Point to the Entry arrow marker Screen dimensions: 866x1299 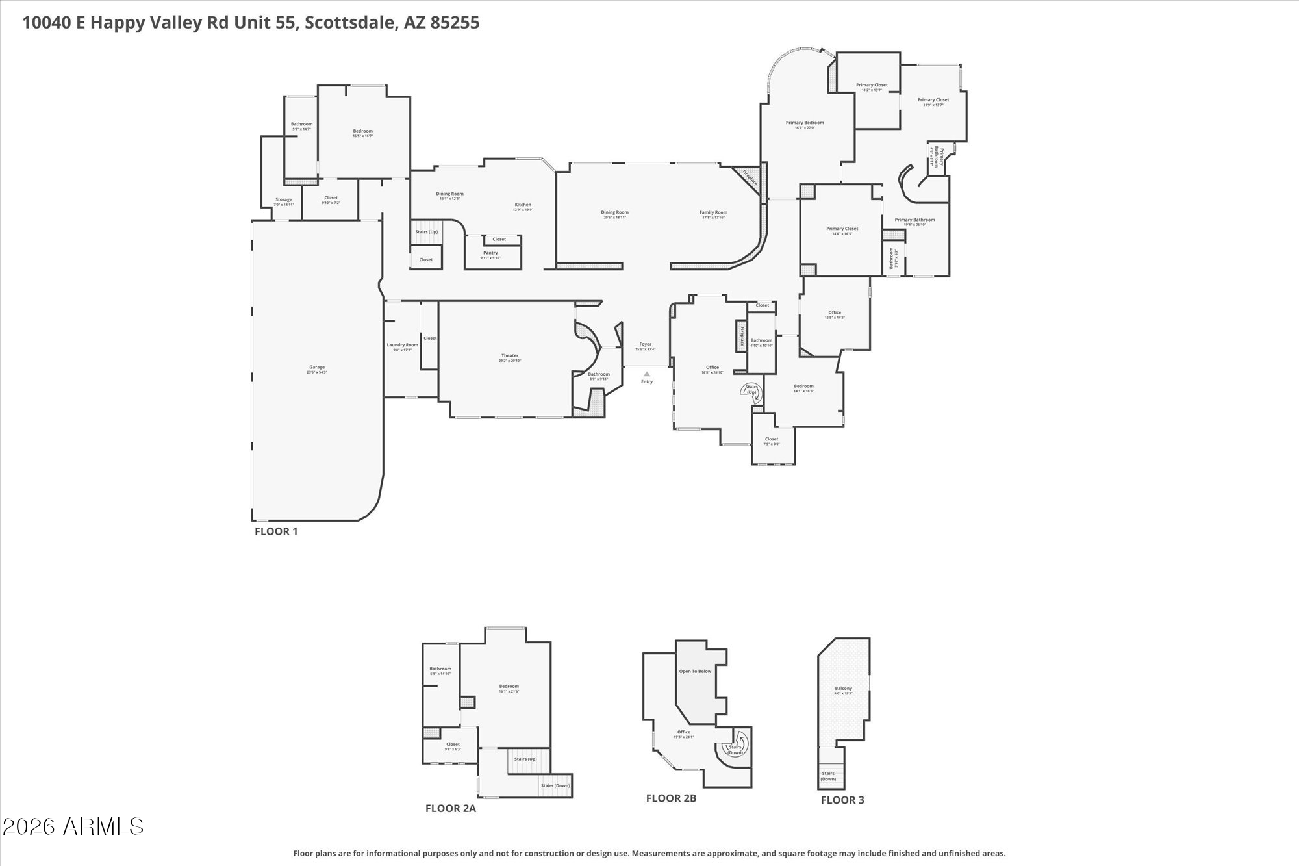tap(647, 374)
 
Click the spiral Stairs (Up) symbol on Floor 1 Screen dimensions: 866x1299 tap(752, 390)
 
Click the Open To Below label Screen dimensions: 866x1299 tap(695, 671)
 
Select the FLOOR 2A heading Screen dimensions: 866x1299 tap(451, 809)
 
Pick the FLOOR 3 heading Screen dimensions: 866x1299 tap(842, 800)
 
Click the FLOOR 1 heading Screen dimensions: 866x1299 tap(276, 531)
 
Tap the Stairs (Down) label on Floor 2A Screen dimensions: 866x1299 tap(555, 785)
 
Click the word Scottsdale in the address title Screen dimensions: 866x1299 tap(350, 23)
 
